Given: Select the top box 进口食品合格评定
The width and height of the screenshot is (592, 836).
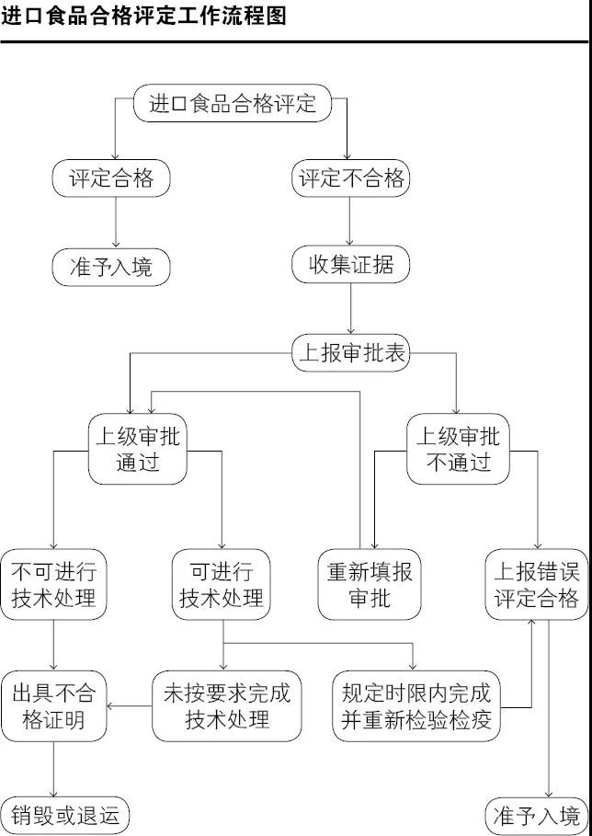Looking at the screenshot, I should point(232,103).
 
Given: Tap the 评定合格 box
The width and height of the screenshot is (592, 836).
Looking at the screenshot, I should point(111,178).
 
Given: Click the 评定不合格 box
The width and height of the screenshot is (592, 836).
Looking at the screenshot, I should point(351,178).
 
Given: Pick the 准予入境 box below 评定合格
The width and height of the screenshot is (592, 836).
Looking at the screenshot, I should point(111,267).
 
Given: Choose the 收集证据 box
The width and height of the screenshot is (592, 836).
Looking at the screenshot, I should point(351,266).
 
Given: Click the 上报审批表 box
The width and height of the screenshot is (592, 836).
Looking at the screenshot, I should point(350,354).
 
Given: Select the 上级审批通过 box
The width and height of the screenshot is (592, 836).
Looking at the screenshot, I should point(138,449).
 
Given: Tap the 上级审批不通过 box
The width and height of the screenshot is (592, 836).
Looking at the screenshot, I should point(458,449).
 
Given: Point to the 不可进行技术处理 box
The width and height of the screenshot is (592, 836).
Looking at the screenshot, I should point(53,584).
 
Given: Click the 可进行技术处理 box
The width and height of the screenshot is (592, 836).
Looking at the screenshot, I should point(222,584).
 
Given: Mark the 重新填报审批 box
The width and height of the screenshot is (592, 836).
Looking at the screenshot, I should point(370,584).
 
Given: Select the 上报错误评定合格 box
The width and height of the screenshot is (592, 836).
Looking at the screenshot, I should point(536,584).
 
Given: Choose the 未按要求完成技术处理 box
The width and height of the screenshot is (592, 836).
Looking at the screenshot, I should point(226,705).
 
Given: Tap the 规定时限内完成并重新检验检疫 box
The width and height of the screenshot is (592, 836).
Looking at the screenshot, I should point(416,705).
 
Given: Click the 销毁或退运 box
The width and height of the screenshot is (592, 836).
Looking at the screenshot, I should point(65,816).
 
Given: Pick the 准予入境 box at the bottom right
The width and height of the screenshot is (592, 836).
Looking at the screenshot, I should point(537,816).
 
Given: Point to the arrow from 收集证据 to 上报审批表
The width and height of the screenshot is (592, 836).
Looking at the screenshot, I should point(351,309).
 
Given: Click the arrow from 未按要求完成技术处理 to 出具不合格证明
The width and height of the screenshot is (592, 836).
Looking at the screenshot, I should point(130,706).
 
